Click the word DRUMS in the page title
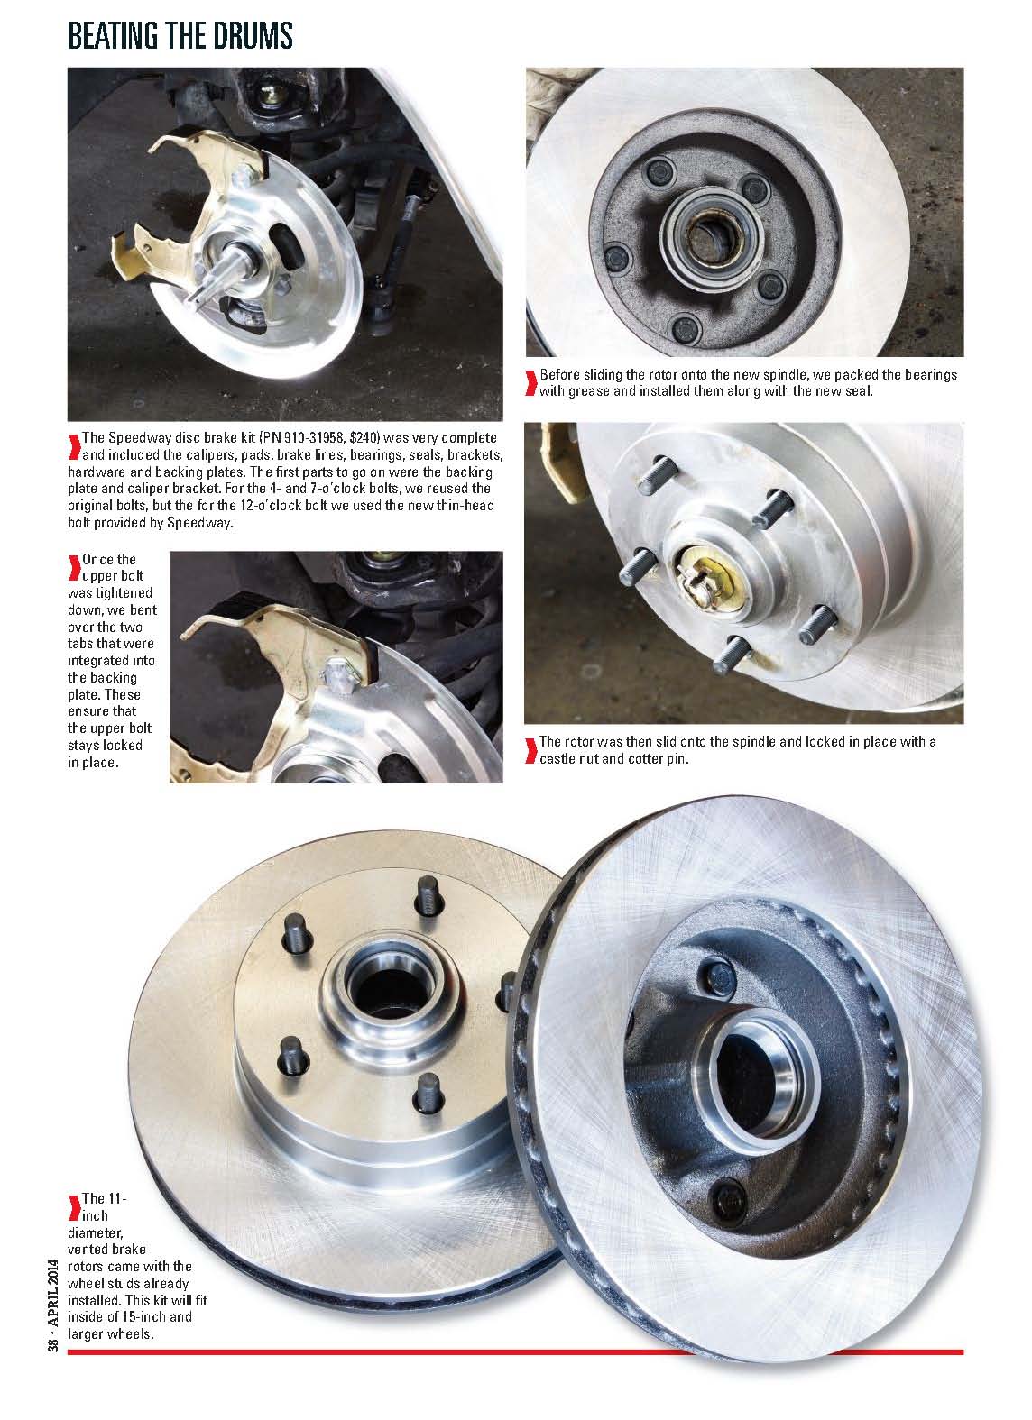pos(253,36)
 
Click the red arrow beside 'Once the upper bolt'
pos(74,567)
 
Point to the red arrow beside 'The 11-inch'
pos(74,1207)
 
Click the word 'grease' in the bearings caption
pos(589,391)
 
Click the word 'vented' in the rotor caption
pos(88,1249)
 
